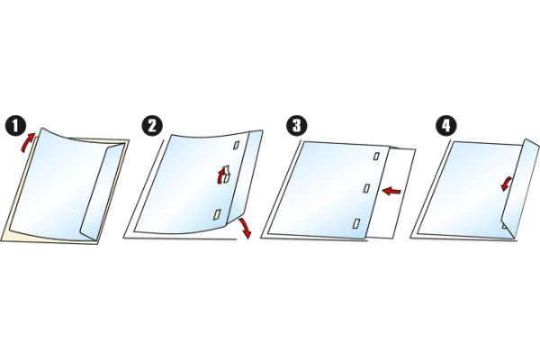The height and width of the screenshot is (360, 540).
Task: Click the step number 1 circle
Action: pos(15,126)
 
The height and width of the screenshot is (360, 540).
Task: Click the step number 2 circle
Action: pos(152,126)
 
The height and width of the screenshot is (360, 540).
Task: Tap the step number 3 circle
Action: pos(296,126)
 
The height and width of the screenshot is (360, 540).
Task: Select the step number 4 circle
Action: pos(446,126)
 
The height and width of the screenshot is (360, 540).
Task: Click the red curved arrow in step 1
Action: pos(27,142)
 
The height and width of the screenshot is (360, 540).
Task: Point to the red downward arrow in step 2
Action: pos(245,228)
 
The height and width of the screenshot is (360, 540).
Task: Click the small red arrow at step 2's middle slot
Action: pos(220,176)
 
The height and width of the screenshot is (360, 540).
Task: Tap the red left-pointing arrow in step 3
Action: pos(391,191)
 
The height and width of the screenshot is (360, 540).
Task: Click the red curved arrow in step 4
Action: pos(507,184)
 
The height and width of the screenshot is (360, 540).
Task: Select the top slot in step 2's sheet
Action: pos(236,146)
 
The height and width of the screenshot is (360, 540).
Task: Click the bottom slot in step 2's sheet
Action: pos(217,214)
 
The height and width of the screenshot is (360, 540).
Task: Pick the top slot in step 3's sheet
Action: pos(376,157)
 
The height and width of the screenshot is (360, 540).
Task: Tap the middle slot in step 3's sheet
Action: pos(367,188)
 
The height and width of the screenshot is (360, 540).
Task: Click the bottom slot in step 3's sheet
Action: pos(356,223)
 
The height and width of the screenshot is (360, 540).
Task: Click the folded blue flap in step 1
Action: pos(103,192)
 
